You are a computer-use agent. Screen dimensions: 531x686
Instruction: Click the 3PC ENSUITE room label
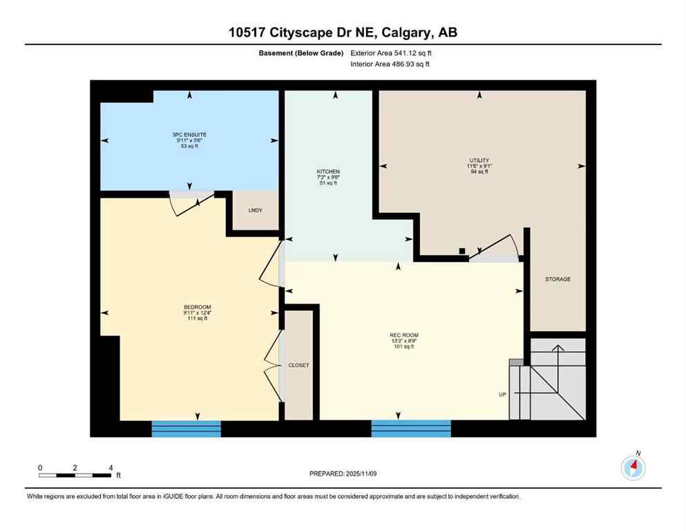(x=189, y=134)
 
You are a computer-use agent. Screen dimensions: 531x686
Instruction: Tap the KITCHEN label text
(x=328, y=171)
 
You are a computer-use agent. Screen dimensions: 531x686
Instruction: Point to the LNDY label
(x=255, y=210)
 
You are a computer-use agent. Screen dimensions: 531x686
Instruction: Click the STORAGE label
(x=558, y=279)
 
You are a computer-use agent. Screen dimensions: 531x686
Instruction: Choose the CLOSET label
(x=299, y=365)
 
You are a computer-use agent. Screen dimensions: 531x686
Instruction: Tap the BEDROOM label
(x=197, y=307)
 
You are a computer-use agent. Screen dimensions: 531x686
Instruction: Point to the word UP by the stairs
(x=503, y=394)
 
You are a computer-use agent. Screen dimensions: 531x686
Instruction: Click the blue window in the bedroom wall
(x=187, y=429)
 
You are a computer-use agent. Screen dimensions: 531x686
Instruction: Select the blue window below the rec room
(x=411, y=429)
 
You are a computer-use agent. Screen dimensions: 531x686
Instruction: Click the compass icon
(x=633, y=468)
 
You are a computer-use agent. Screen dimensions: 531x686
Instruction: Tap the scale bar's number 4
(x=111, y=467)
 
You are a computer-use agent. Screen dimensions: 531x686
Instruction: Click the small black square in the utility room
(x=461, y=251)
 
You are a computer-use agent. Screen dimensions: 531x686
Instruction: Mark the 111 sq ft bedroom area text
(x=197, y=319)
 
